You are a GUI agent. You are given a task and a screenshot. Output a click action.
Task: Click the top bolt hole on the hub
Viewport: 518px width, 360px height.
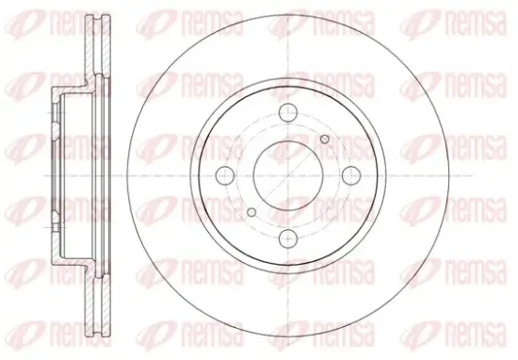[x=288, y=112]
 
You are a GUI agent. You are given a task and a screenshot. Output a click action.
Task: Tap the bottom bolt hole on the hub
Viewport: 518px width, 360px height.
[x=288, y=238]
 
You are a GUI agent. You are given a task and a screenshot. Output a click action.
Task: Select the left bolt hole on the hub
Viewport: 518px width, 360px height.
[x=225, y=175]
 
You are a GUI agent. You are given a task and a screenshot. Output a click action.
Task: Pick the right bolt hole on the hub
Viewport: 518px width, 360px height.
[x=351, y=175]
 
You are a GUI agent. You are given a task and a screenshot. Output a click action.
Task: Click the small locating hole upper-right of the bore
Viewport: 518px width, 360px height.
[x=325, y=139]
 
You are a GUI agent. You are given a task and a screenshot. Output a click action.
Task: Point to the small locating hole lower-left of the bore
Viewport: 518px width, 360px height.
[x=251, y=212]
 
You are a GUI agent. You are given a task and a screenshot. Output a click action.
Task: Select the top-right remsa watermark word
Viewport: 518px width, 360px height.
[x=476, y=24]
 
